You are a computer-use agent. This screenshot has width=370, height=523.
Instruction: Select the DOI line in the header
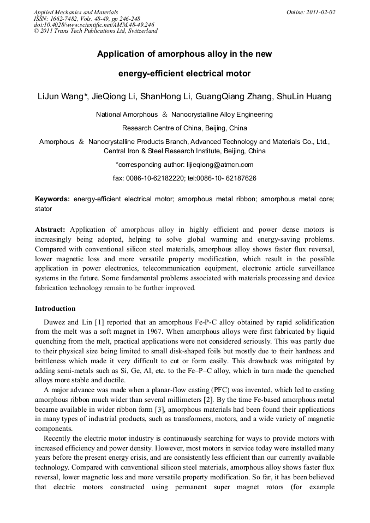[x=94, y=25]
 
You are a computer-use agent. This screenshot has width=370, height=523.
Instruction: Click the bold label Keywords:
[x=52, y=199]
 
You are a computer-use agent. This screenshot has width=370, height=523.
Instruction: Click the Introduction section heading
[x=55, y=309]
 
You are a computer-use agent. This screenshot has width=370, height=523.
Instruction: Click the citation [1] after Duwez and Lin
[x=100, y=322]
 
